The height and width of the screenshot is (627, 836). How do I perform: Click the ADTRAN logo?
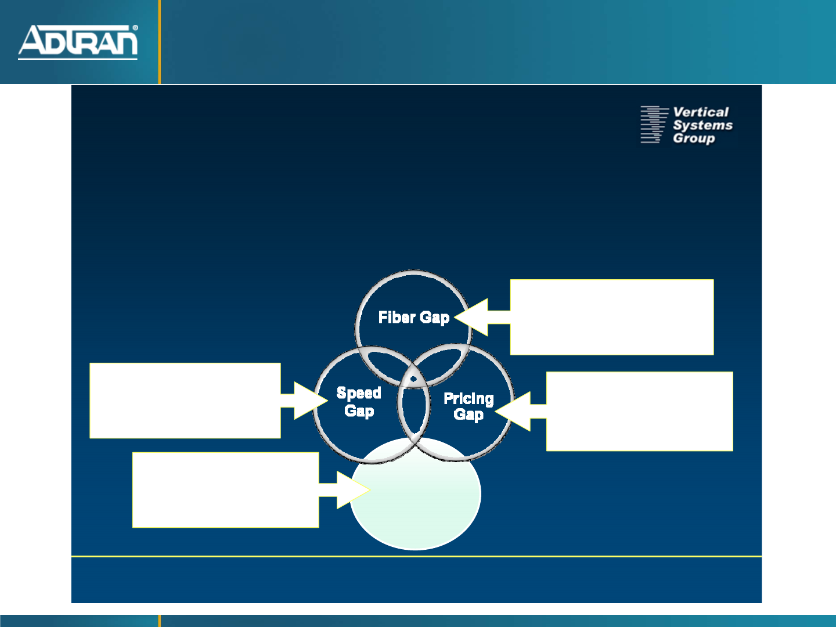point(78,42)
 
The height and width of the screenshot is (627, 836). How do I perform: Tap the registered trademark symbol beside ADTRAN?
point(135,28)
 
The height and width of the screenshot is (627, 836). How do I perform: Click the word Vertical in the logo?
point(700,112)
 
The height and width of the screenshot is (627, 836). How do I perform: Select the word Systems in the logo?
point(702,125)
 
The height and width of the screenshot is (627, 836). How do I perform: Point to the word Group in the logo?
point(694,138)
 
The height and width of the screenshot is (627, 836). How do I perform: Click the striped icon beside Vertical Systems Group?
point(654,124)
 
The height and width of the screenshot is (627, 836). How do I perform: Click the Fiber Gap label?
point(414,318)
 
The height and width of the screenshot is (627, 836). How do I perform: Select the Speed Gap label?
point(359,402)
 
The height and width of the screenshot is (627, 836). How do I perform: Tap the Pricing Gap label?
point(469,406)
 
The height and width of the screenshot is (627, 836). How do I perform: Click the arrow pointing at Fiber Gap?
point(482,317)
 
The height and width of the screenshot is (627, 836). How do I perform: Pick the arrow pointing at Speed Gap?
point(304,401)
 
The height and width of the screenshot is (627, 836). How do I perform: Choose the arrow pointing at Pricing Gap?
point(520,411)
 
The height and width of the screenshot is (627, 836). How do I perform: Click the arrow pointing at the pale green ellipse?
point(345,489)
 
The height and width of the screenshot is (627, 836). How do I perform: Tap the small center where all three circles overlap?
point(413,379)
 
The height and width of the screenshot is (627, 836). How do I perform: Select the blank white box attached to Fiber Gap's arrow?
point(612,317)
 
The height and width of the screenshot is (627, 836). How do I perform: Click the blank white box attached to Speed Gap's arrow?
point(185,401)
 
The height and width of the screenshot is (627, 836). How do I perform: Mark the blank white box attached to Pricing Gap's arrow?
point(640,411)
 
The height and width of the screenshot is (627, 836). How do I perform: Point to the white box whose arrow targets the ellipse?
point(225,490)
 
